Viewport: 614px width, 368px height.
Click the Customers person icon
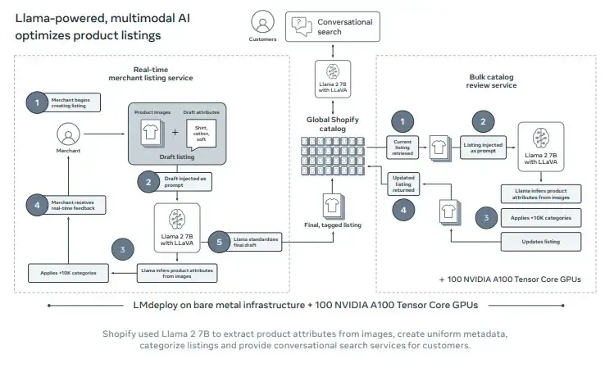tap(262, 22)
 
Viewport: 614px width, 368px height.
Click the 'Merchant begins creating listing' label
tap(75, 102)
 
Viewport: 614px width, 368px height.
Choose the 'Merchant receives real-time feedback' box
tap(76, 205)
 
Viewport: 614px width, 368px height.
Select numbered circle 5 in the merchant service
tap(218, 240)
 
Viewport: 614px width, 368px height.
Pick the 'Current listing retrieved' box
tap(403, 146)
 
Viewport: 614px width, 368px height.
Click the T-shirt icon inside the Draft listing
tap(149, 133)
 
